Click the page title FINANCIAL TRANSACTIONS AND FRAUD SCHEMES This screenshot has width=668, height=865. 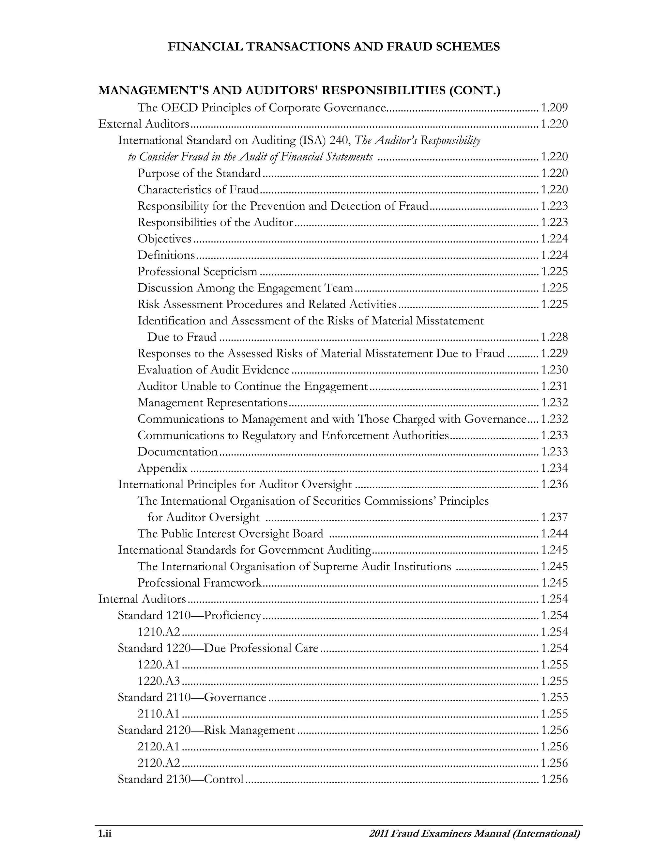(x=334, y=47)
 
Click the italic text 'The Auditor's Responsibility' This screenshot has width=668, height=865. (x=417, y=141)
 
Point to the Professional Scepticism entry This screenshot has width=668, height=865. (x=197, y=272)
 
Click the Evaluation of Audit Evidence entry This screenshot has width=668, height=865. (x=213, y=370)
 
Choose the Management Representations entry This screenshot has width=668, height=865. (x=213, y=403)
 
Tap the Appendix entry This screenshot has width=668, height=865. (x=163, y=468)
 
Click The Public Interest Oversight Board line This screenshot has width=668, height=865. (x=230, y=534)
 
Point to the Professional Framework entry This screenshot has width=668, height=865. (x=199, y=583)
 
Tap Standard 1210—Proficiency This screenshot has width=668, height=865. (x=190, y=616)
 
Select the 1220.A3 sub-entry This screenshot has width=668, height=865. (x=159, y=681)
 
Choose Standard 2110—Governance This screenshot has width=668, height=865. (x=192, y=698)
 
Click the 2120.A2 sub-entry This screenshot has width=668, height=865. (x=159, y=763)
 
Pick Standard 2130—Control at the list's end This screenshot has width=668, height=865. (x=180, y=779)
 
